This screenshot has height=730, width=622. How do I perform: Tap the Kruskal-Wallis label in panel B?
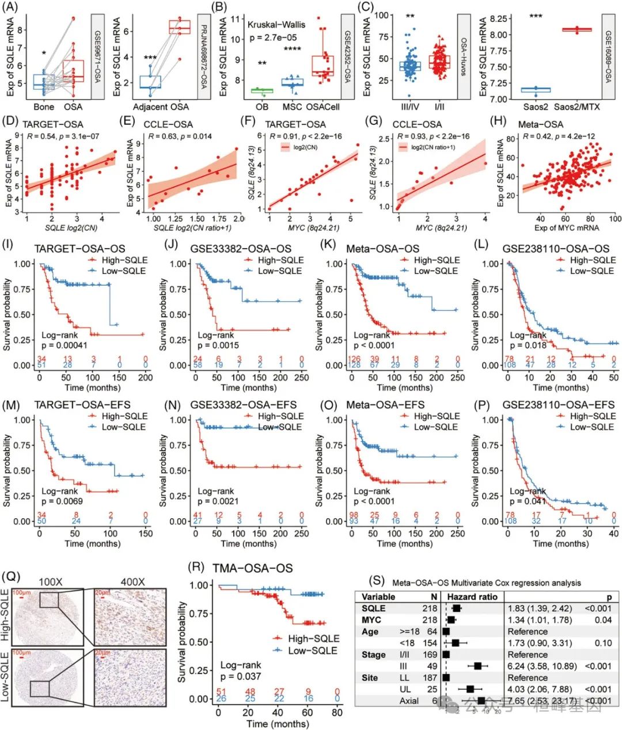coord(276,24)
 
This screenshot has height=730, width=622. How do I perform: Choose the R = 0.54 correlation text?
coord(59,136)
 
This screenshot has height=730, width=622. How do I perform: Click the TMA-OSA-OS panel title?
coord(252,568)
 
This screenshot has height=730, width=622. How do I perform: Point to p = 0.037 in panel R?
coord(240,676)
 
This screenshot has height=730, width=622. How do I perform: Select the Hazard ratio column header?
coord(472,597)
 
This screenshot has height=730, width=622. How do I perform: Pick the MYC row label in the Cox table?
coord(371,620)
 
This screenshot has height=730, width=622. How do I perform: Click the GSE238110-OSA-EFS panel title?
coord(558,405)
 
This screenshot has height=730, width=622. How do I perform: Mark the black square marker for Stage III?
coord(478,666)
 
